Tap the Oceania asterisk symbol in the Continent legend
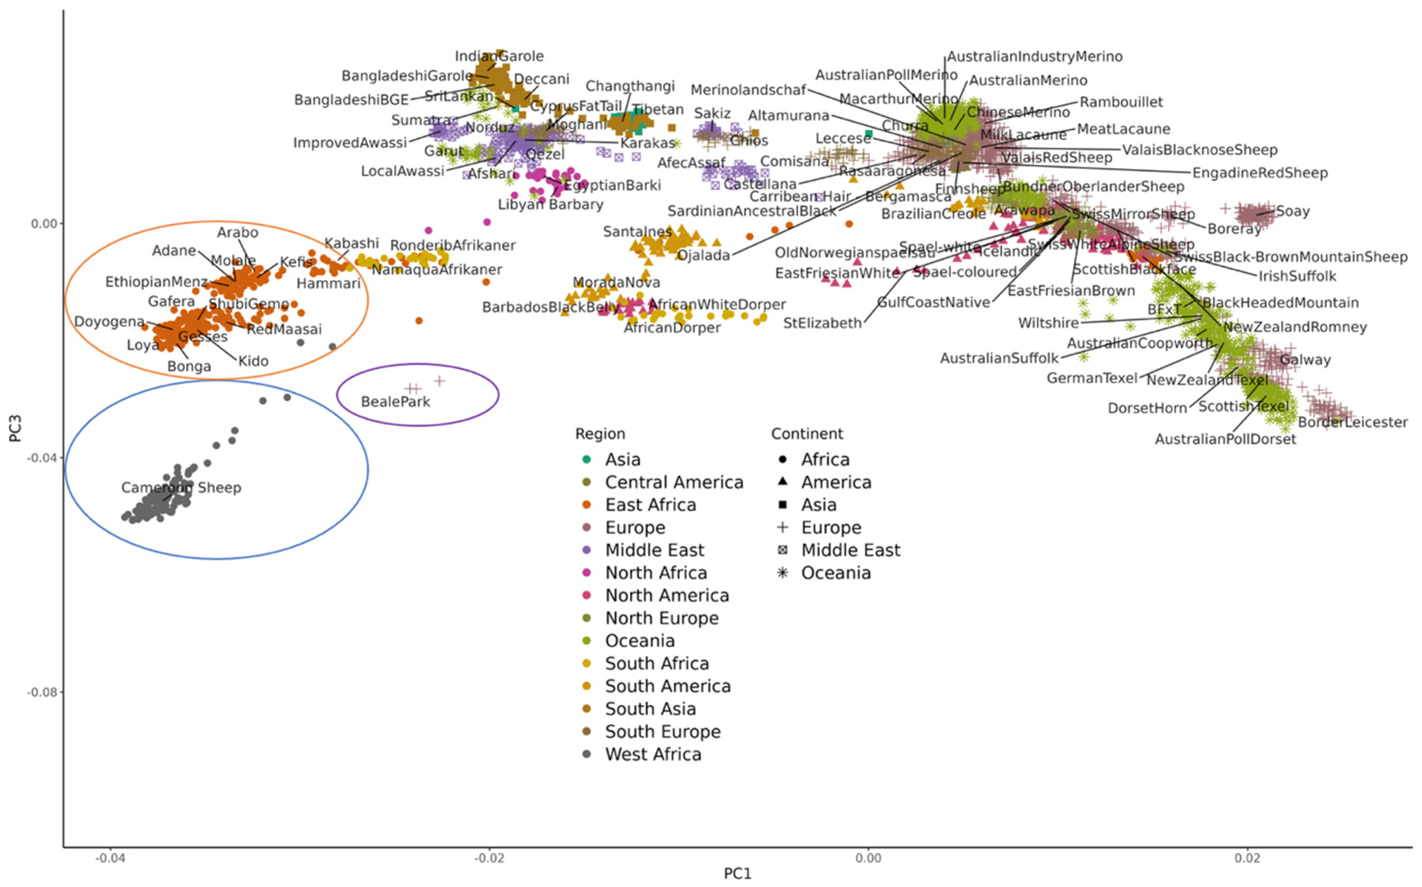click(x=782, y=573)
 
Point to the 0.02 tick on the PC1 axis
click(x=1247, y=858)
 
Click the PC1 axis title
click(x=737, y=874)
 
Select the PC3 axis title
click(x=15, y=428)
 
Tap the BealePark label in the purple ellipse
click(x=395, y=402)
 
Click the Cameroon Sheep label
click(x=181, y=488)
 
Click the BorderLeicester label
click(x=1352, y=423)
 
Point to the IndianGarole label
click(x=499, y=56)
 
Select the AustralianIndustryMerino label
click(x=1034, y=57)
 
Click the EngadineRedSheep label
click(x=1259, y=173)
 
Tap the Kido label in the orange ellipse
click(x=253, y=361)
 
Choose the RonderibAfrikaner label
click(x=453, y=245)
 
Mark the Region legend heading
click(x=600, y=434)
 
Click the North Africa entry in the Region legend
click(x=655, y=573)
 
